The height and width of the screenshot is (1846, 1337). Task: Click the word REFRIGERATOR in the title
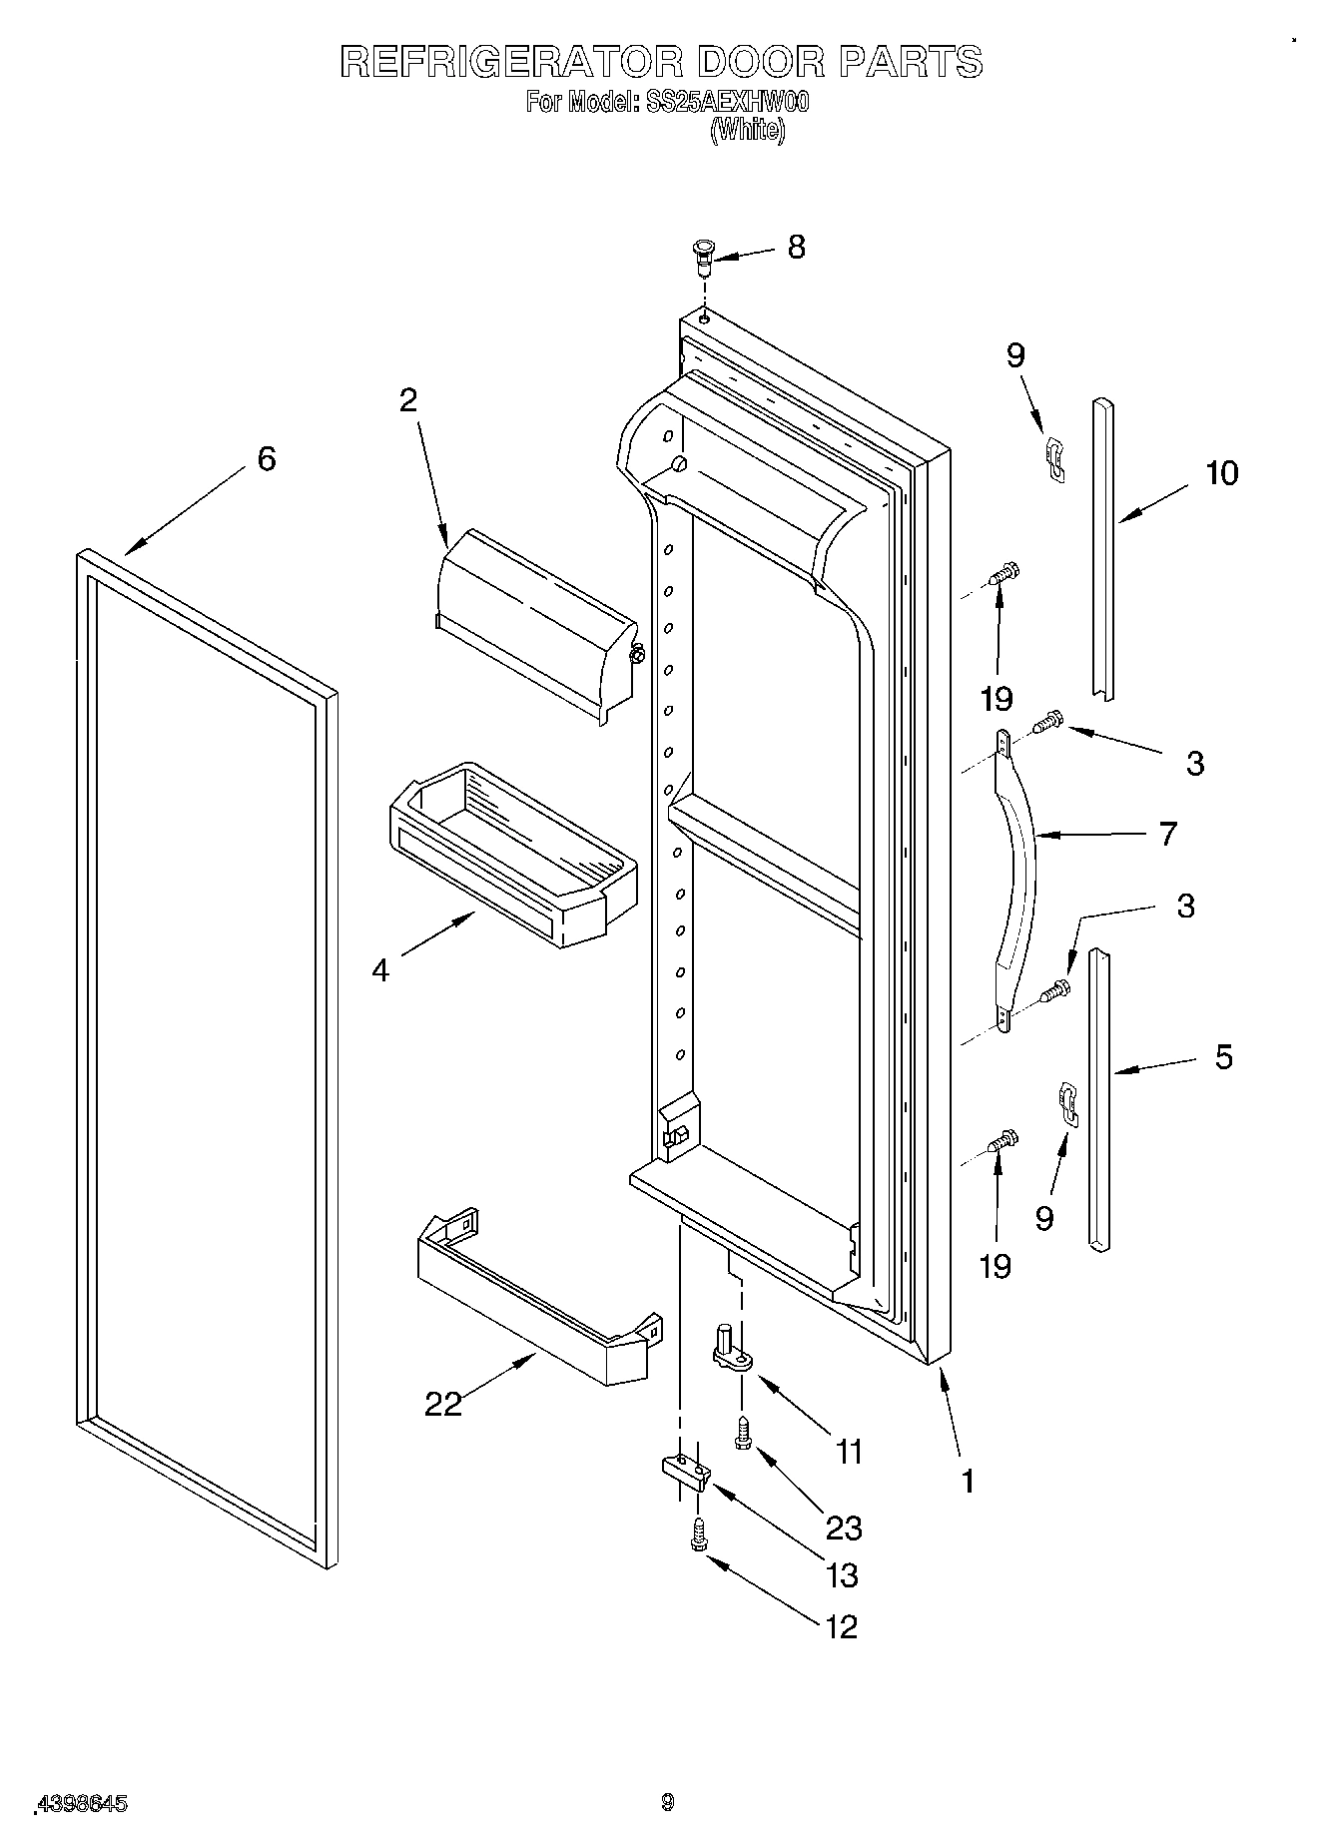[511, 62]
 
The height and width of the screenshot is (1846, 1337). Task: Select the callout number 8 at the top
[796, 247]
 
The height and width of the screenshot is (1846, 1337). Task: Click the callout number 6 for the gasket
[266, 459]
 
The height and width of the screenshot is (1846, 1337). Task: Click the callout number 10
[1221, 472]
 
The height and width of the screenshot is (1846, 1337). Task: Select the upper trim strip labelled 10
[1102, 549]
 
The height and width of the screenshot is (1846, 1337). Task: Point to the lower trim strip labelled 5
[1098, 1098]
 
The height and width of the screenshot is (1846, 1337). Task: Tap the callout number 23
[843, 1528]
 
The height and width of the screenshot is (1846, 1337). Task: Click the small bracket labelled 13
[684, 1470]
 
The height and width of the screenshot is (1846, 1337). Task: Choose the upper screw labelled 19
[1002, 576]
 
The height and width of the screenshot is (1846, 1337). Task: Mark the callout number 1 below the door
[966, 1481]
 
